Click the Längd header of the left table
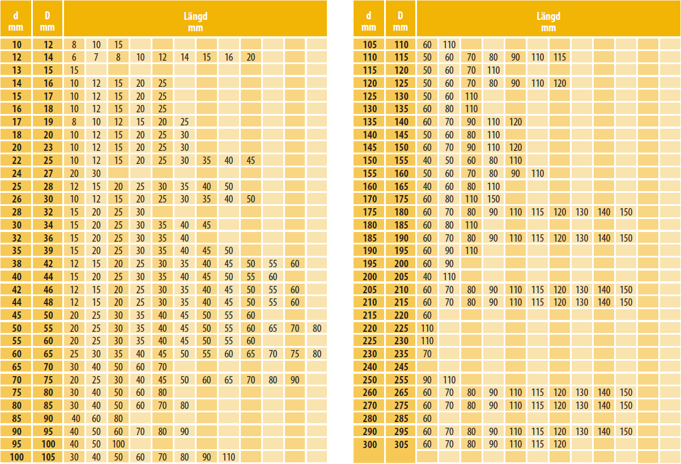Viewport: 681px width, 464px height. coord(195,22)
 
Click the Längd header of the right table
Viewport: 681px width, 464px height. coord(548,22)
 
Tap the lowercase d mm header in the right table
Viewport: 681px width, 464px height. coord(368,22)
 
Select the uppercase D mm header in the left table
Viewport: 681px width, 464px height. coord(48,22)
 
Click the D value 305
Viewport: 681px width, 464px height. coord(401,444)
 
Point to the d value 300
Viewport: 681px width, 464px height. coord(369,444)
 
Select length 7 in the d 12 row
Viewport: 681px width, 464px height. coord(96,57)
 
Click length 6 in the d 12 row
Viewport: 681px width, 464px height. coord(74,57)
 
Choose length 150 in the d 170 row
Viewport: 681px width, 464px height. coord(493,199)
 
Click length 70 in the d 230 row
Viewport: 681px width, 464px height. coord(427,354)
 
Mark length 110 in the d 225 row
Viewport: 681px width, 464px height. coord(427,341)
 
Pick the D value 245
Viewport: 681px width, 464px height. coord(401,367)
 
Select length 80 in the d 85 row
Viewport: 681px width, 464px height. coord(118,419)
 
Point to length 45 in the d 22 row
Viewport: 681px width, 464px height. coord(251,161)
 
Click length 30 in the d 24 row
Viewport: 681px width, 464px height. coord(96,174)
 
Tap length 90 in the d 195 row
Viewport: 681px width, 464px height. coord(449,264)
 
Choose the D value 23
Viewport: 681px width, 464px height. coord(48,147)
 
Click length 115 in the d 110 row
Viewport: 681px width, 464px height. coord(560,57)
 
